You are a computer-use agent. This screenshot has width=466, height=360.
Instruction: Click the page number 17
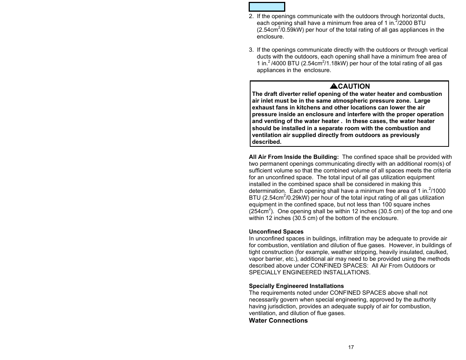click(x=351, y=347)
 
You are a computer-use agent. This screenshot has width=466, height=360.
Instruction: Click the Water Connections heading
click(x=278, y=321)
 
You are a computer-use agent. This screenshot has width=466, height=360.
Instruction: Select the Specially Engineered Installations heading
click(x=296, y=286)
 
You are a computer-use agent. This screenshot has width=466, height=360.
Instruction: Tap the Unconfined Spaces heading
click(x=276, y=232)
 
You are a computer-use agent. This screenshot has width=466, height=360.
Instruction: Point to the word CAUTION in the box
click(x=354, y=86)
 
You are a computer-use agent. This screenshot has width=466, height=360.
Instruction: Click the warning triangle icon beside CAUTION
click(x=334, y=86)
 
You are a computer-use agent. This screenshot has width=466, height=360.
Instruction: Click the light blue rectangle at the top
click(x=267, y=7)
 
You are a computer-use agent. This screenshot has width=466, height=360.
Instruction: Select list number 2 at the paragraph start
click(x=251, y=16)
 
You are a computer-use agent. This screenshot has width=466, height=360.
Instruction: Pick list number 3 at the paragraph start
click(x=251, y=50)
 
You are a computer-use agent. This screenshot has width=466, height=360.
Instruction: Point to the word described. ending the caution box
click(x=267, y=142)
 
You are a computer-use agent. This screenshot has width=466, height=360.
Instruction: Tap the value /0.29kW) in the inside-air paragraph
click(x=297, y=198)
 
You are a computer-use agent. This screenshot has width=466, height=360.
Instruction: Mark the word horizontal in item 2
click(x=415, y=16)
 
